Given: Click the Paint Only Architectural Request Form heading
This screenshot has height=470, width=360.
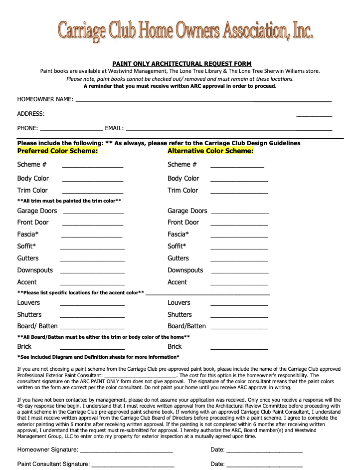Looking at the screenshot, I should point(181,64).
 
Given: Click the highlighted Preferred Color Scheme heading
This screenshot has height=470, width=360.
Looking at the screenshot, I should point(58,151).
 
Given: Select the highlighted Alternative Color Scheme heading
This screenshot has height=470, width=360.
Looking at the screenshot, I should point(210,151).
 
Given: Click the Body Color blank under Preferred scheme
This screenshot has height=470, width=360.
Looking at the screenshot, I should point(93,180).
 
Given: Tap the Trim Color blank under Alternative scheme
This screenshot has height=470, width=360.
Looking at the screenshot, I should point(239,192).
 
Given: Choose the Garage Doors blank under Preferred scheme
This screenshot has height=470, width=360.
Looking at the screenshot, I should point(93,213).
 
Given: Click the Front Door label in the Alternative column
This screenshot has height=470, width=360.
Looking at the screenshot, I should point(183,223).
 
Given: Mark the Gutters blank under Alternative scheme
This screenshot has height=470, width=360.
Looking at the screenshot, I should point(239,260).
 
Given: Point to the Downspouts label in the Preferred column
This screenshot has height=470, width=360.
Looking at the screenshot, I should point(35,270).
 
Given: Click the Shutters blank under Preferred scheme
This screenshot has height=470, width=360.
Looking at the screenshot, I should point(93,316).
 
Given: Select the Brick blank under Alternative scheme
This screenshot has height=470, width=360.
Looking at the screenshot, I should point(239,348).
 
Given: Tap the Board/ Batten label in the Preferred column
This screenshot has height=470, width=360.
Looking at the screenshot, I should point(37,326).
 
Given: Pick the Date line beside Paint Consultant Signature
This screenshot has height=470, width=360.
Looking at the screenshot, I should point(264,466).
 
